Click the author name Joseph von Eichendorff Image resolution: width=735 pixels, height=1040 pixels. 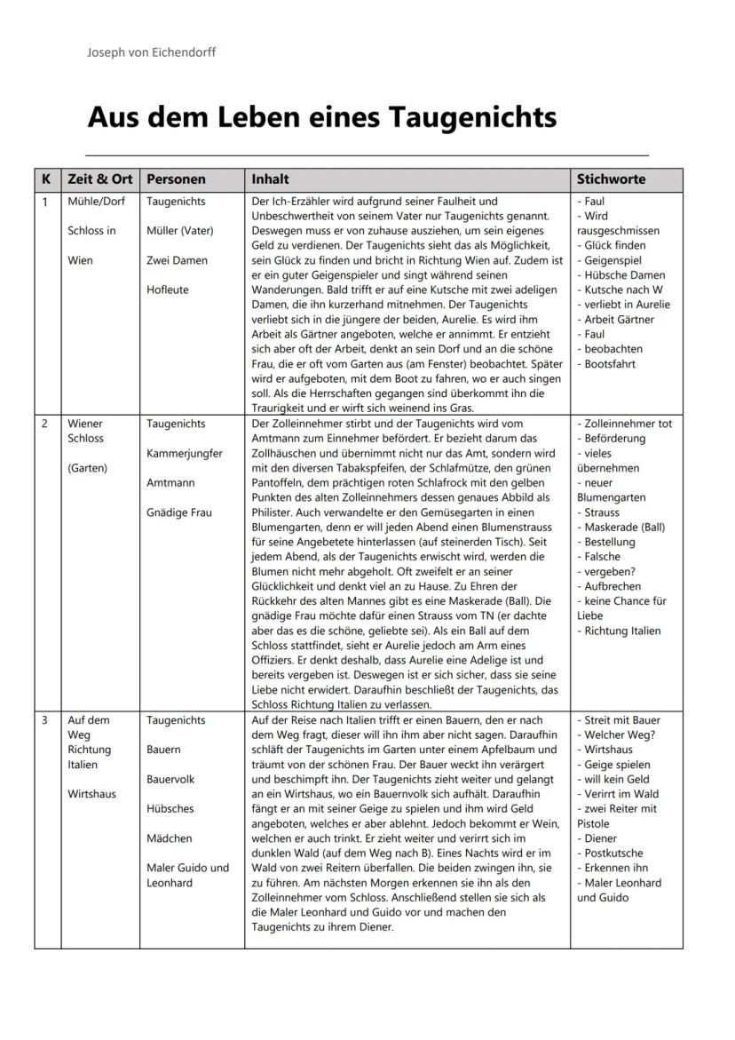click(151, 52)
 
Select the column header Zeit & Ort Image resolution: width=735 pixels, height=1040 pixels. click(99, 179)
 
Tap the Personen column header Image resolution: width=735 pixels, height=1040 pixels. click(176, 179)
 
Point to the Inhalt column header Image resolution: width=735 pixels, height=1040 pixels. click(270, 179)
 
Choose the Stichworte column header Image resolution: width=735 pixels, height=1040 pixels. click(611, 179)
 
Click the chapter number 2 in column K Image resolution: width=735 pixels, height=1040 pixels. click(44, 424)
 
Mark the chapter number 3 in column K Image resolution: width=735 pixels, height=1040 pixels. click(44, 720)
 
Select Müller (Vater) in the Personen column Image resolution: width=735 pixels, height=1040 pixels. click(180, 231)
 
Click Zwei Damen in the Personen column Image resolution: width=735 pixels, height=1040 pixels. click(177, 260)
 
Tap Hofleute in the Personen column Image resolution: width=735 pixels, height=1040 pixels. click(168, 290)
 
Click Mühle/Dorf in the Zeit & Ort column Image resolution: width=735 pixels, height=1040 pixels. click(96, 202)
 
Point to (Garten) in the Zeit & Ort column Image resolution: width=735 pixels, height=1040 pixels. click(87, 468)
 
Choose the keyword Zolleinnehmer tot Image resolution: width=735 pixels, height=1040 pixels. click(626, 424)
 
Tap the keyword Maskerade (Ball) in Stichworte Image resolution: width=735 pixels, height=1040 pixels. click(623, 528)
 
